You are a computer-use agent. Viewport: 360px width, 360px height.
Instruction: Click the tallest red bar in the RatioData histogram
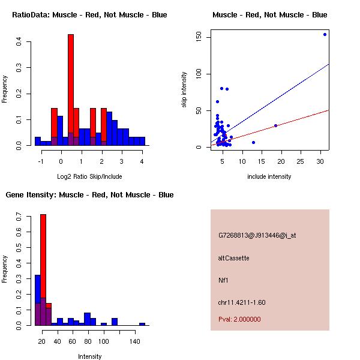pyautogui.click(x=71, y=90)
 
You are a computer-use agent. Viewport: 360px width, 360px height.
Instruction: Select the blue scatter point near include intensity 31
pyautogui.click(x=325, y=34)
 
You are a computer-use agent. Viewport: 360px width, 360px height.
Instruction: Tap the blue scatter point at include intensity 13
pyautogui.click(x=253, y=142)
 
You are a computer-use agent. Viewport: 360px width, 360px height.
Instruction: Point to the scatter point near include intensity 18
pyautogui.click(x=275, y=125)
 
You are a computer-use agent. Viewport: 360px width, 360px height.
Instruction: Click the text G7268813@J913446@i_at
pyautogui.click(x=257, y=235)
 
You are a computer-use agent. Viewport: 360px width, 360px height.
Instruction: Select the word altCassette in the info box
pyautogui.click(x=233, y=258)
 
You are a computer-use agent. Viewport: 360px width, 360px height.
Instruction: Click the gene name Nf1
pyautogui.click(x=223, y=280)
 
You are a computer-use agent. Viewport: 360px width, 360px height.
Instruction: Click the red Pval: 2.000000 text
pyautogui.click(x=239, y=319)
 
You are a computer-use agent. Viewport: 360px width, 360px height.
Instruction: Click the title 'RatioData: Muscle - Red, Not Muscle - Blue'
pyautogui.click(x=89, y=15)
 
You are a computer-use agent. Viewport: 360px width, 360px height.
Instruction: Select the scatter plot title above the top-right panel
pyautogui.click(x=269, y=15)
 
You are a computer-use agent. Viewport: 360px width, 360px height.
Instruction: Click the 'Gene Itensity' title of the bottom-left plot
pyautogui.click(x=89, y=195)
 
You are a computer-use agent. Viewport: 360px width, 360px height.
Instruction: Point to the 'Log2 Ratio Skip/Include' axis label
pyautogui.click(x=89, y=176)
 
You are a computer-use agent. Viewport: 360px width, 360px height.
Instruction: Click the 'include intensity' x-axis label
pyautogui.click(x=269, y=176)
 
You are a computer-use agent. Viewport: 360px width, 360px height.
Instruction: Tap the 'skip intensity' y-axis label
pyautogui.click(x=184, y=90)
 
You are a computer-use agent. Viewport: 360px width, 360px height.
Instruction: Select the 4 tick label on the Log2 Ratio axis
pyautogui.click(x=142, y=161)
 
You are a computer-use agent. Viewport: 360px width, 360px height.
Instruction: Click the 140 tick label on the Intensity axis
pyautogui.click(x=136, y=341)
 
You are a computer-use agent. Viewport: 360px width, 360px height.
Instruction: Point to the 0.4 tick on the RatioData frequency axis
pyautogui.click(x=19, y=41)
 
